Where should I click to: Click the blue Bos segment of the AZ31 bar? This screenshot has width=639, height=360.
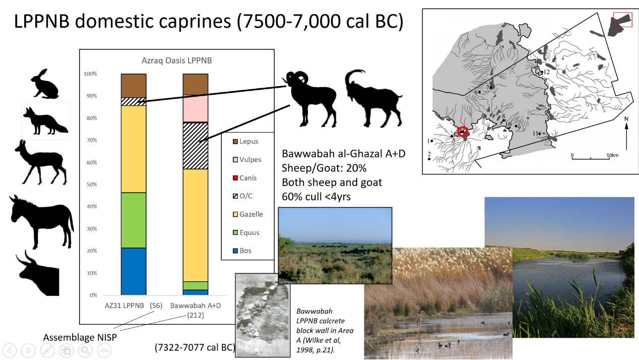(x=134, y=271)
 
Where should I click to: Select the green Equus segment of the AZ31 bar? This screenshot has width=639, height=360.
(x=134, y=220)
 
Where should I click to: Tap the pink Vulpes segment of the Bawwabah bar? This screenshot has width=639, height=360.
(x=196, y=108)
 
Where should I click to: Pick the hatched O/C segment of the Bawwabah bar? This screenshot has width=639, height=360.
(x=196, y=146)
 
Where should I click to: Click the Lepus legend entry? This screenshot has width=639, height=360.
(x=245, y=141)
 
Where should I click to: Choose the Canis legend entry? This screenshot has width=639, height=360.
(x=245, y=178)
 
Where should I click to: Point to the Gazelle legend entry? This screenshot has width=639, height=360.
(x=248, y=214)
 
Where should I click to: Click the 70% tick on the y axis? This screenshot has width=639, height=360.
(x=92, y=140)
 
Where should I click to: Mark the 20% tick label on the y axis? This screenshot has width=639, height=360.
(x=92, y=251)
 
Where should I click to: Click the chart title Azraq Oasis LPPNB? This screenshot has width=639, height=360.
(x=177, y=61)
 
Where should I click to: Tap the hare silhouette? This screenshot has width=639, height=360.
(x=45, y=84)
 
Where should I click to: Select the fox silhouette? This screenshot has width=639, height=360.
(x=45, y=121)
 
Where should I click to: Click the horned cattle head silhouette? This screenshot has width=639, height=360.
(x=38, y=273)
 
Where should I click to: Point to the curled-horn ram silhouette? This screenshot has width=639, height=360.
(x=310, y=98)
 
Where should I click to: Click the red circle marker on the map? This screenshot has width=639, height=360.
(x=463, y=132)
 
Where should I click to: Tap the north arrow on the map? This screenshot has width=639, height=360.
(x=626, y=134)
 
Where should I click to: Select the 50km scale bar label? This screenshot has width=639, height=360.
(x=612, y=155)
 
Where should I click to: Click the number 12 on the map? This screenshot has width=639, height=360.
(x=547, y=72)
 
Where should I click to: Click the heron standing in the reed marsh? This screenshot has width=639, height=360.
(x=419, y=318)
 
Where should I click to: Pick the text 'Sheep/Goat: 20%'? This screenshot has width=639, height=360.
(x=324, y=168)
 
